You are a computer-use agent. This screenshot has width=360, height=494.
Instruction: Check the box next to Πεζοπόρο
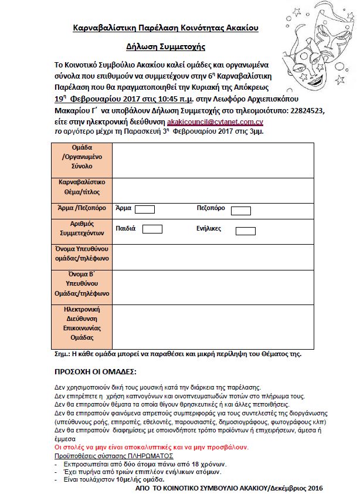tap(241, 210)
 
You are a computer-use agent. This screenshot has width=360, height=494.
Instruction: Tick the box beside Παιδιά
tap(152, 229)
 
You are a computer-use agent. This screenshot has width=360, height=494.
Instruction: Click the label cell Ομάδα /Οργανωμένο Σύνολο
tap(80, 157)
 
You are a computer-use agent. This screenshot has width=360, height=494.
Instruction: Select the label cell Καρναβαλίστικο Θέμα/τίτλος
tap(80, 187)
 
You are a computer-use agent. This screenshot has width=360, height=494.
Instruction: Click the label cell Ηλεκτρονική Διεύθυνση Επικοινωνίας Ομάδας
tap(80, 324)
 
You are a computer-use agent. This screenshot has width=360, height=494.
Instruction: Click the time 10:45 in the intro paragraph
tap(151, 100)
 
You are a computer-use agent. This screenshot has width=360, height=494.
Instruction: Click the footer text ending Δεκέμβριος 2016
tap(229, 487)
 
